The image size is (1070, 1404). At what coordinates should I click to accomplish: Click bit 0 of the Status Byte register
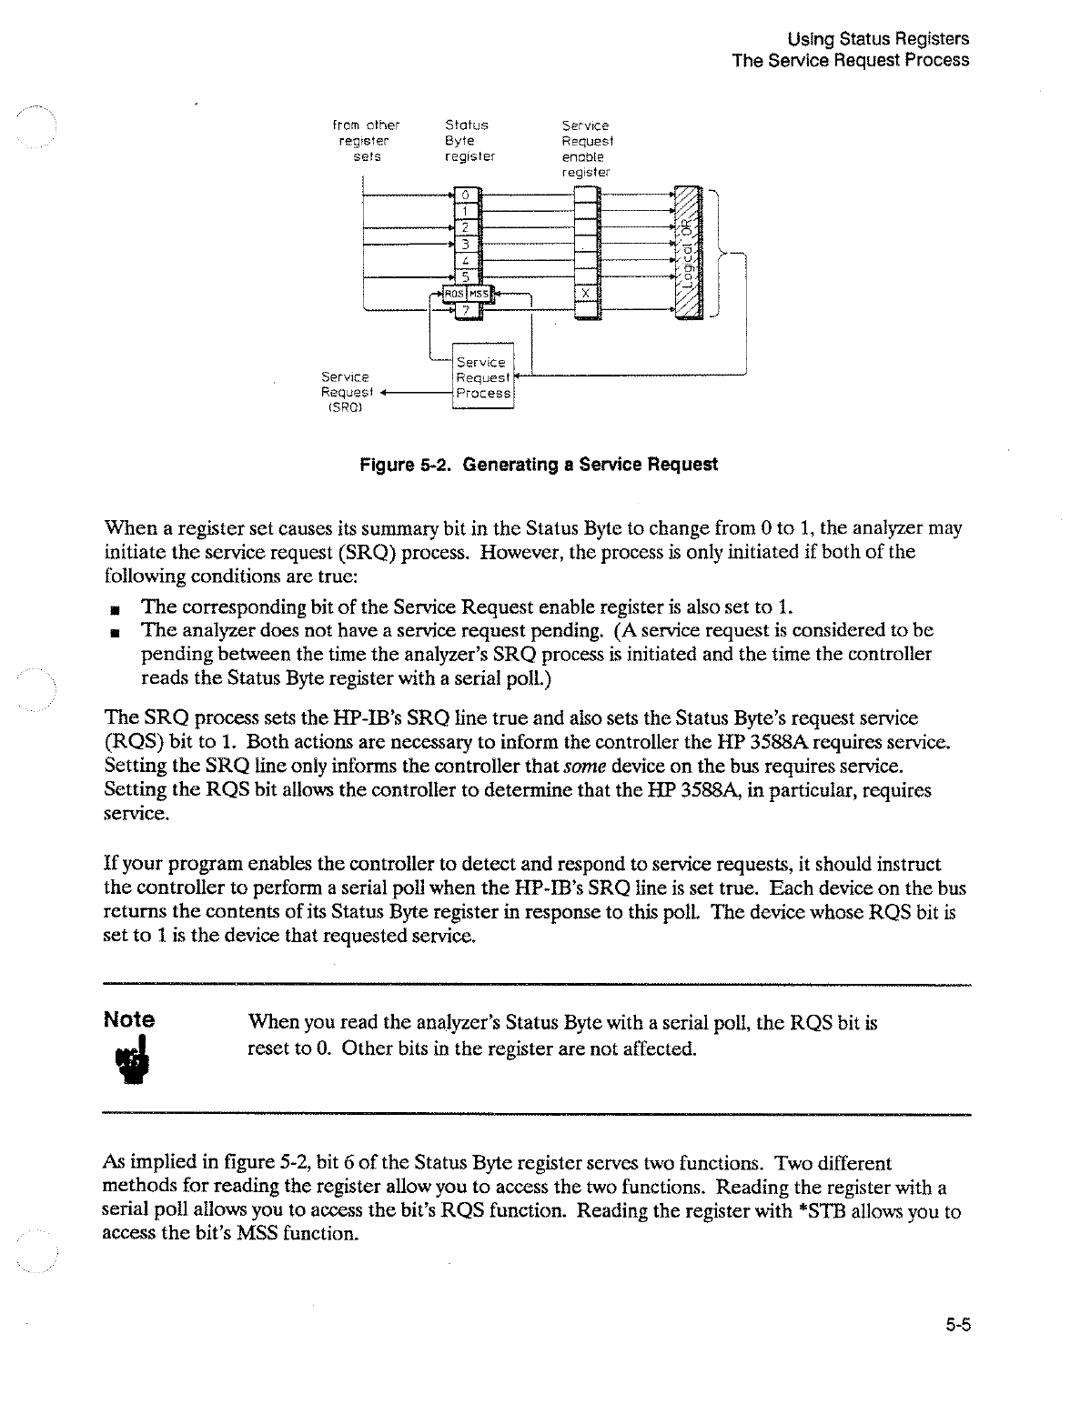pos(464,195)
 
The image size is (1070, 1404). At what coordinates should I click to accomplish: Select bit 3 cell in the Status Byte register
pos(464,244)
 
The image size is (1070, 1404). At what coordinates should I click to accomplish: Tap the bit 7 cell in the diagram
pos(464,311)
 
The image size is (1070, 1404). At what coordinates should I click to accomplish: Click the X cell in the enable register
pos(587,293)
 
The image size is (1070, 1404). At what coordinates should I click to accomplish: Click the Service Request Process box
pos(483,377)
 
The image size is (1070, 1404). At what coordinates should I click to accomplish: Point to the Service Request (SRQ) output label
pos(344,392)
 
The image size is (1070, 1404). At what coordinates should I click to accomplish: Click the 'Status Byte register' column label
pos(468,141)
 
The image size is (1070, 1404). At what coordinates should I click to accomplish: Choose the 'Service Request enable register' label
pos(587,148)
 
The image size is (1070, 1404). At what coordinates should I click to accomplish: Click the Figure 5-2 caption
pos(539,465)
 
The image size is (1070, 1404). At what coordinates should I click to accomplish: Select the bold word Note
pos(129,1019)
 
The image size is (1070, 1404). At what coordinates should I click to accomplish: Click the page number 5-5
pos(956,1325)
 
